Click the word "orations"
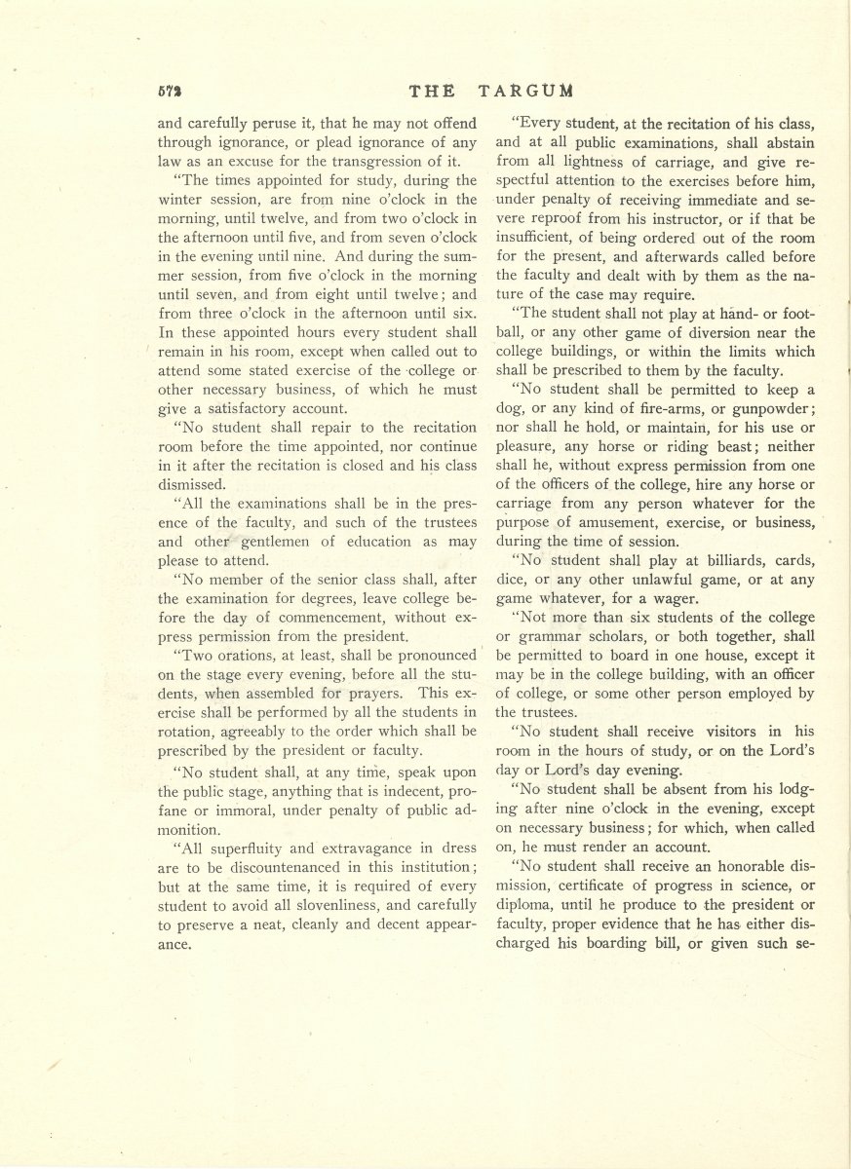click(234, 655)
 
